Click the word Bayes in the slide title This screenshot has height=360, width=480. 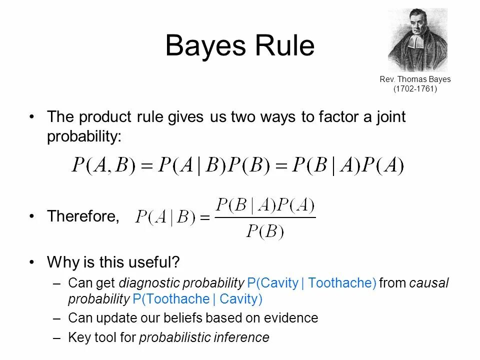[206, 46]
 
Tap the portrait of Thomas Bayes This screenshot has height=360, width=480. [417, 40]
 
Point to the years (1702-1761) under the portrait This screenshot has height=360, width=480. [415, 88]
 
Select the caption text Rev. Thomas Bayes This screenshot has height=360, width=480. [415, 79]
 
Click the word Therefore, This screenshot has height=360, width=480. [83, 216]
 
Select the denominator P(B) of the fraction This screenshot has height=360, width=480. [265, 231]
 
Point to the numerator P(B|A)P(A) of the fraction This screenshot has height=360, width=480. [265, 205]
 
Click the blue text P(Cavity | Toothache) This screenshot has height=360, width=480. [311, 283]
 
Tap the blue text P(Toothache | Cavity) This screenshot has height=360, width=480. [197, 299]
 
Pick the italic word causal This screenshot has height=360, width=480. [429, 283]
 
